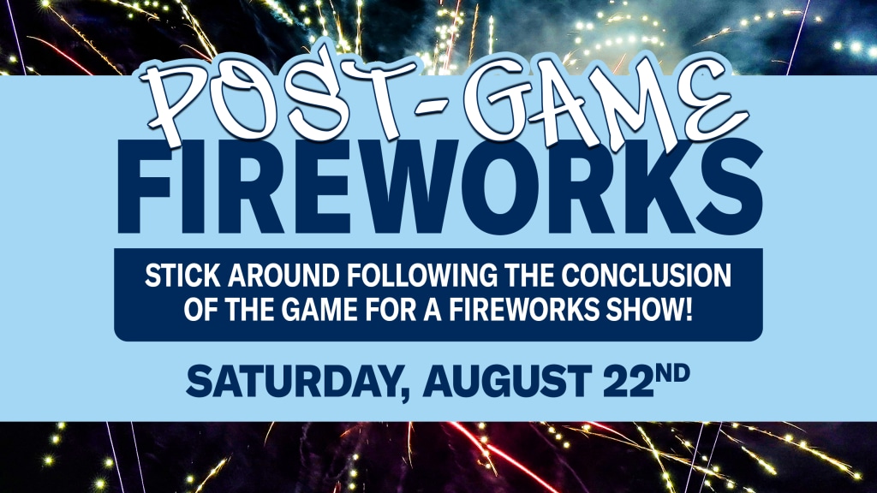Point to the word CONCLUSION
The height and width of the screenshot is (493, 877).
coord(647,276)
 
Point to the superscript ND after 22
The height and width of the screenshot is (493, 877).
coord(672,373)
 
